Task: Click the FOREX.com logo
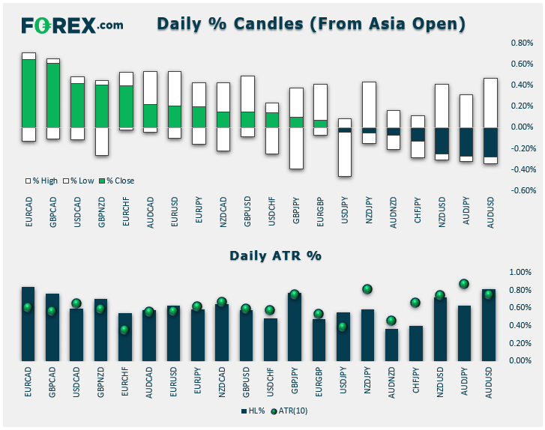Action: (x=72, y=25)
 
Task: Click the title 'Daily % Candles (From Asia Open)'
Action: (x=311, y=24)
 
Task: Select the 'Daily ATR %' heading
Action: (x=274, y=255)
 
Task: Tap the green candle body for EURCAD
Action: (x=28, y=93)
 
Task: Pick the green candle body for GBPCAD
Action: (x=52, y=95)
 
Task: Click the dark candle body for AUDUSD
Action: (x=490, y=142)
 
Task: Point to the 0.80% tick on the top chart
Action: (x=522, y=43)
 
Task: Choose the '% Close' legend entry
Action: (x=120, y=181)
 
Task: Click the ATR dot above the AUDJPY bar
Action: (x=465, y=284)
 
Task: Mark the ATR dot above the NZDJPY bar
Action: (x=367, y=289)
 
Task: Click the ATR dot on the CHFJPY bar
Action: (x=416, y=303)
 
